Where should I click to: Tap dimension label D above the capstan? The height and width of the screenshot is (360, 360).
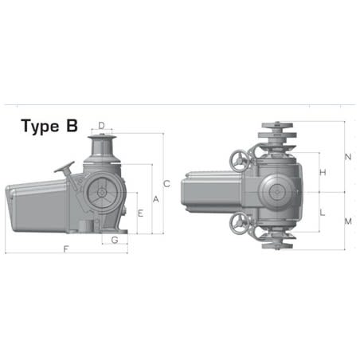coord(101,125)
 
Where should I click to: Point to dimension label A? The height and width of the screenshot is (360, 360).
coord(155,198)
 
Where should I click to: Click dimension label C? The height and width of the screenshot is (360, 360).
coord(166,182)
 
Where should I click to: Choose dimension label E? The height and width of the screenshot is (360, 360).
coord(140,213)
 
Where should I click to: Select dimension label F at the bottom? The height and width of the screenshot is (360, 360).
coord(65,250)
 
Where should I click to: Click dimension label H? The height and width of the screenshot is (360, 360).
coord(322,173)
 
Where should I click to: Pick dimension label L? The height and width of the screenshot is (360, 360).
coord(322,213)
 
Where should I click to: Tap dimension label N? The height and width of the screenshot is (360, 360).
coord(347,157)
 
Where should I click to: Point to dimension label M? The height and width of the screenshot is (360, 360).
coord(347,221)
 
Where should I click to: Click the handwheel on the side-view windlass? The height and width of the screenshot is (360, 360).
coord(64,169)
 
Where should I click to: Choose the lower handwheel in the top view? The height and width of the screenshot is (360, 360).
coord(238,224)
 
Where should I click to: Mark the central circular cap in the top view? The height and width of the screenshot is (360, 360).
coord(277,193)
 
